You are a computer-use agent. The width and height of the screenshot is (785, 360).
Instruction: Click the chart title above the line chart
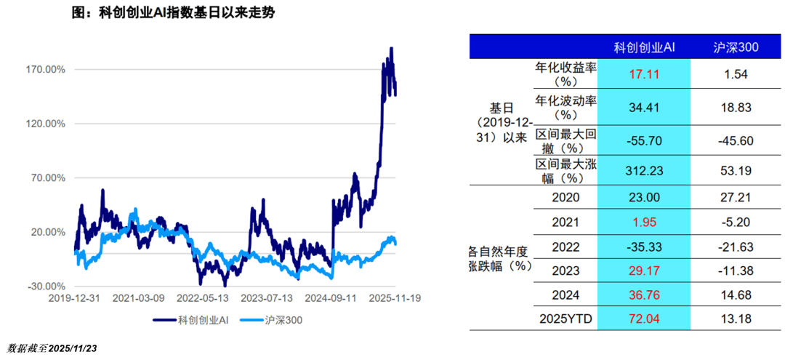pos(174,13)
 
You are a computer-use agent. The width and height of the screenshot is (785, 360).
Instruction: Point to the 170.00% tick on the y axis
pos(45,69)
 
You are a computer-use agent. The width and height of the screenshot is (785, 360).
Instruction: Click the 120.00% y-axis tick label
pos(45,124)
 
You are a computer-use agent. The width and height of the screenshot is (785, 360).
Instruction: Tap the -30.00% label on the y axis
pos(47,286)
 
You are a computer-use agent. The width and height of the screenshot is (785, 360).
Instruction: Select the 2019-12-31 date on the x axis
pos(75,298)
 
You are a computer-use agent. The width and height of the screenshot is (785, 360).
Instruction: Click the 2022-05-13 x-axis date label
pos(204,298)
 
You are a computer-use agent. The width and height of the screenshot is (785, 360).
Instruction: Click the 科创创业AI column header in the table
pos(644,47)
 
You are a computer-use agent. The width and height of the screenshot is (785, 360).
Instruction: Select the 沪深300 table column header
pos(735,47)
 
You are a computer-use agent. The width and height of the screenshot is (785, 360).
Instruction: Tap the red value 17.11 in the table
pos(644,74)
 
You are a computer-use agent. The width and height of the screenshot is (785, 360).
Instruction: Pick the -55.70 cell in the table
pos(644,140)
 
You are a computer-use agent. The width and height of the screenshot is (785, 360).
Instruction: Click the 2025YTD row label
pos(565,319)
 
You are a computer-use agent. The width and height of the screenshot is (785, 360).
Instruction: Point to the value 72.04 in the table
pos(644,319)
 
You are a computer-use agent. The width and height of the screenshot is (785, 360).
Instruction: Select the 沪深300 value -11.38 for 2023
pos(735,271)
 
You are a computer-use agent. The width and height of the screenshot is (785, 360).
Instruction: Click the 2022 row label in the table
pos(565,246)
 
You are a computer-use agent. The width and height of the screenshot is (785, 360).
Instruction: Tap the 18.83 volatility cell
pos(735,108)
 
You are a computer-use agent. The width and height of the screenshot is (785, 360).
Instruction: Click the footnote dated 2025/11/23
pos(52,348)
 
